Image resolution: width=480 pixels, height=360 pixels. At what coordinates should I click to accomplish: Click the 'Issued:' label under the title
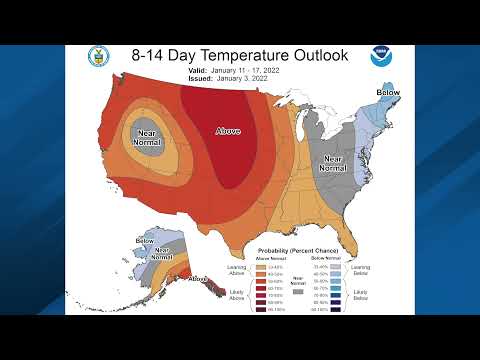pyautogui.click(x=197, y=79)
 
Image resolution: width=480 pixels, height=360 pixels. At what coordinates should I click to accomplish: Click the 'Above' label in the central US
pyautogui.click(x=229, y=129)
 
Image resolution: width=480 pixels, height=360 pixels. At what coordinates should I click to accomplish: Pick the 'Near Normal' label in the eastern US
pyautogui.click(x=332, y=164)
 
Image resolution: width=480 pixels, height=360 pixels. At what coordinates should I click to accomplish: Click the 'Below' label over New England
pyautogui.click(x=387, y=92)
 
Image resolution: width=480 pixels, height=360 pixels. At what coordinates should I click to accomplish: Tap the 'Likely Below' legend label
pyautogui.click(x=361, y=295)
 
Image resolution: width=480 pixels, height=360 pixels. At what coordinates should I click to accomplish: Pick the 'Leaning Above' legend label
pyautogui.click(x=236, y=270)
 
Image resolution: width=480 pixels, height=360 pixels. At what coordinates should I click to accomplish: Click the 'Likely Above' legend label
pyautogui.click(x=236, y=295)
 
